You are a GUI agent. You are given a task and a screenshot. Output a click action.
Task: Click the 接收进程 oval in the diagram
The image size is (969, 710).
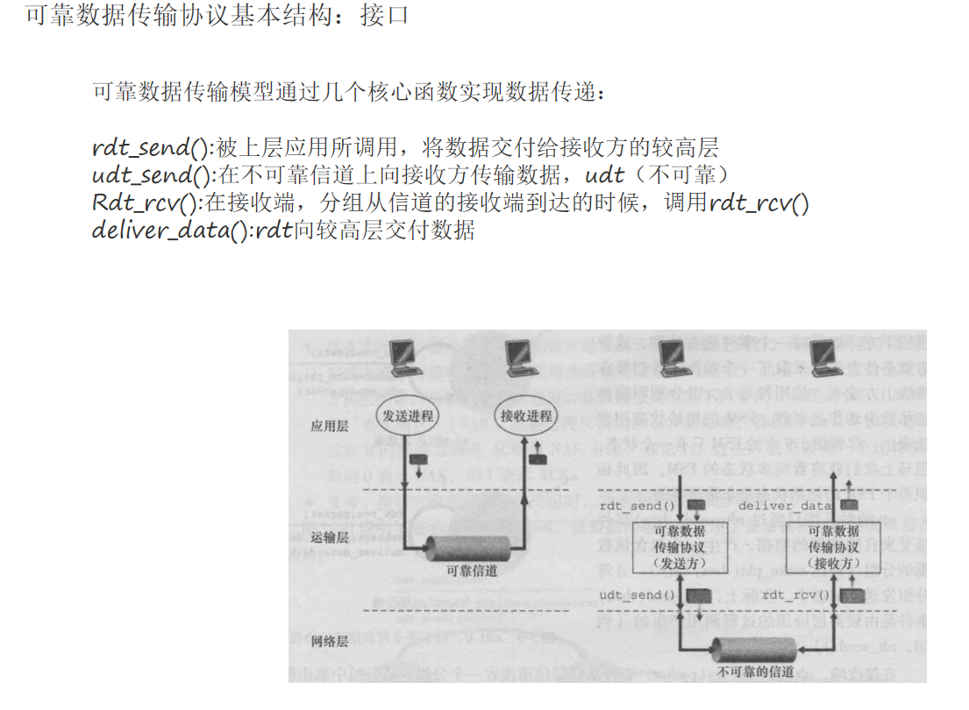point(526,416)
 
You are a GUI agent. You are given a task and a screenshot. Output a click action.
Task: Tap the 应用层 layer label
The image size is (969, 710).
point(330,426)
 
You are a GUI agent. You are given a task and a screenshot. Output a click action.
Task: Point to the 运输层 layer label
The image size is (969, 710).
point(330,537)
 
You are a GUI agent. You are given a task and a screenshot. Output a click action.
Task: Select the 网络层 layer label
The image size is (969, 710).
point(330,642)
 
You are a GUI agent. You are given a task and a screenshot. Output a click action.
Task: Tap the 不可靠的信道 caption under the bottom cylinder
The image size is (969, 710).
point(755,672)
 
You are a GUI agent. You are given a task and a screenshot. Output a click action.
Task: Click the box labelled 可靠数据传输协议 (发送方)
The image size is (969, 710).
point(679,548)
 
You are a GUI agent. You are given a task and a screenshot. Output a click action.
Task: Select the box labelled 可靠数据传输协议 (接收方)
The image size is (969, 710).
point(833,548)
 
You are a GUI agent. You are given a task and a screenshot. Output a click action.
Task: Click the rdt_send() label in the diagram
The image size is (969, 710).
point(631,506)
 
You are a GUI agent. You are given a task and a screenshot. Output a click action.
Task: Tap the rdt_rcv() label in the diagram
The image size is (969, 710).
point(796,596)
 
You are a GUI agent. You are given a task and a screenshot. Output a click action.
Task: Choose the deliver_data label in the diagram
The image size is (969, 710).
point(784,506)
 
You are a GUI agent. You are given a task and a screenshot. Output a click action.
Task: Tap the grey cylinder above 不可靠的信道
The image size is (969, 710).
point(753,650)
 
